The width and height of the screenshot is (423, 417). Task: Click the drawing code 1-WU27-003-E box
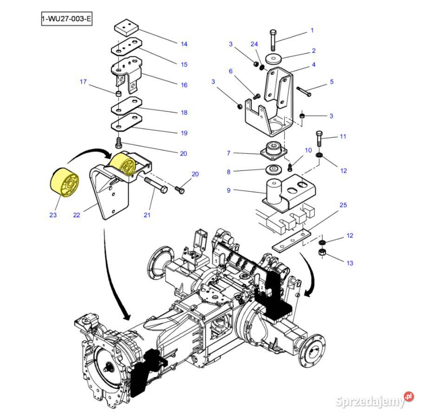(x=66, y=20)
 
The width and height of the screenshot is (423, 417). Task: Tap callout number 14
(x=184, y=44)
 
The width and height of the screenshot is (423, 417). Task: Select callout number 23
(x=53, y=215)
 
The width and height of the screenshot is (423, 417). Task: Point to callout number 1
(x=312, y=30)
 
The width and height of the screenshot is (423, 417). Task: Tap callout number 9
(x=228, y=190)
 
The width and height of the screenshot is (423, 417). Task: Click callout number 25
(x=343, y=205)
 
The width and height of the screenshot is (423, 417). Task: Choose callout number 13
(x=350, y=263)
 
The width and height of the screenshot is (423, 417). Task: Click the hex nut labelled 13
(x=321, y=253)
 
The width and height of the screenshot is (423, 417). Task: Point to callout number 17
(x=83, y=82)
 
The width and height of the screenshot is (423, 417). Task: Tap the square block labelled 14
(x=127, y=29)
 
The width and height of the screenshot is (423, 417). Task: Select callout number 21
(x=147, y=215)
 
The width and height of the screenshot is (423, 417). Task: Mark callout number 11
(x=343, y=137)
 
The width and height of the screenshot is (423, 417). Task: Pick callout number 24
(x=254, y=44)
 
